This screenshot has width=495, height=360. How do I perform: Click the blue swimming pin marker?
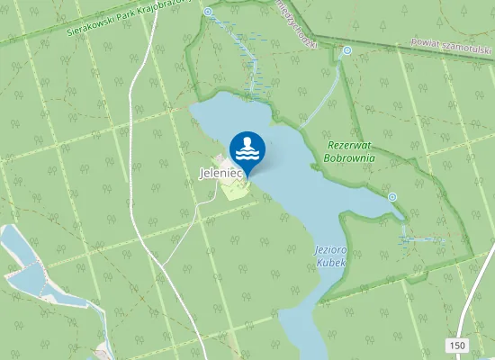point(247,149)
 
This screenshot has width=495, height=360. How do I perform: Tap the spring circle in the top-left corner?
point(208,12)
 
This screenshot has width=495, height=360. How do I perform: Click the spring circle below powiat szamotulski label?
point(347,51)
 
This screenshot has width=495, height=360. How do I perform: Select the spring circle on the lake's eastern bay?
point(392,196)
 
